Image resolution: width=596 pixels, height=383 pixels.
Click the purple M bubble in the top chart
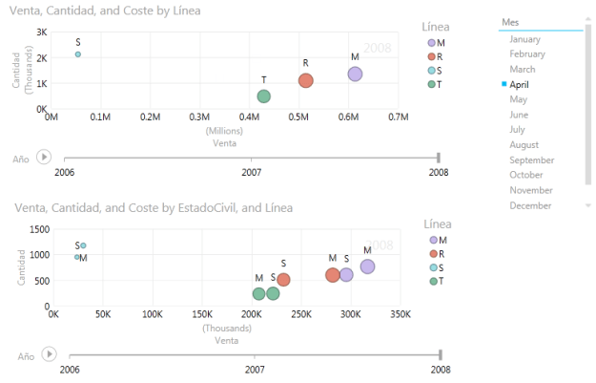click(x=355, y=74)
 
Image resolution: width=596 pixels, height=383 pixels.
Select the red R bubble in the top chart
click(x=306, y=80)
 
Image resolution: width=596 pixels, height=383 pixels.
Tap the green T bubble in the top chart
click(x=264, y=96)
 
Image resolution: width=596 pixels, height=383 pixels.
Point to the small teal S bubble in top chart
click(x=77, y=54)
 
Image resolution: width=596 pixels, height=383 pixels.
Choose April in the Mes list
click(x=520, y=84)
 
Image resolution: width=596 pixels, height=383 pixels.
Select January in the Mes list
click(x=526, y=39)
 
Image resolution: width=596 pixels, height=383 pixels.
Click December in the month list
click(x=530, y=205)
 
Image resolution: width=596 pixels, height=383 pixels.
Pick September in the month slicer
click(x=531, y=160)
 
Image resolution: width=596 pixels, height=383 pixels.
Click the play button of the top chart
click(x=43, y=157)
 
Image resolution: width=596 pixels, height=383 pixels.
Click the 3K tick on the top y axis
click(x=42, y=32)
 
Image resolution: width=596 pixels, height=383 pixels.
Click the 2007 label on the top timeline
click(x=252, y=173)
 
